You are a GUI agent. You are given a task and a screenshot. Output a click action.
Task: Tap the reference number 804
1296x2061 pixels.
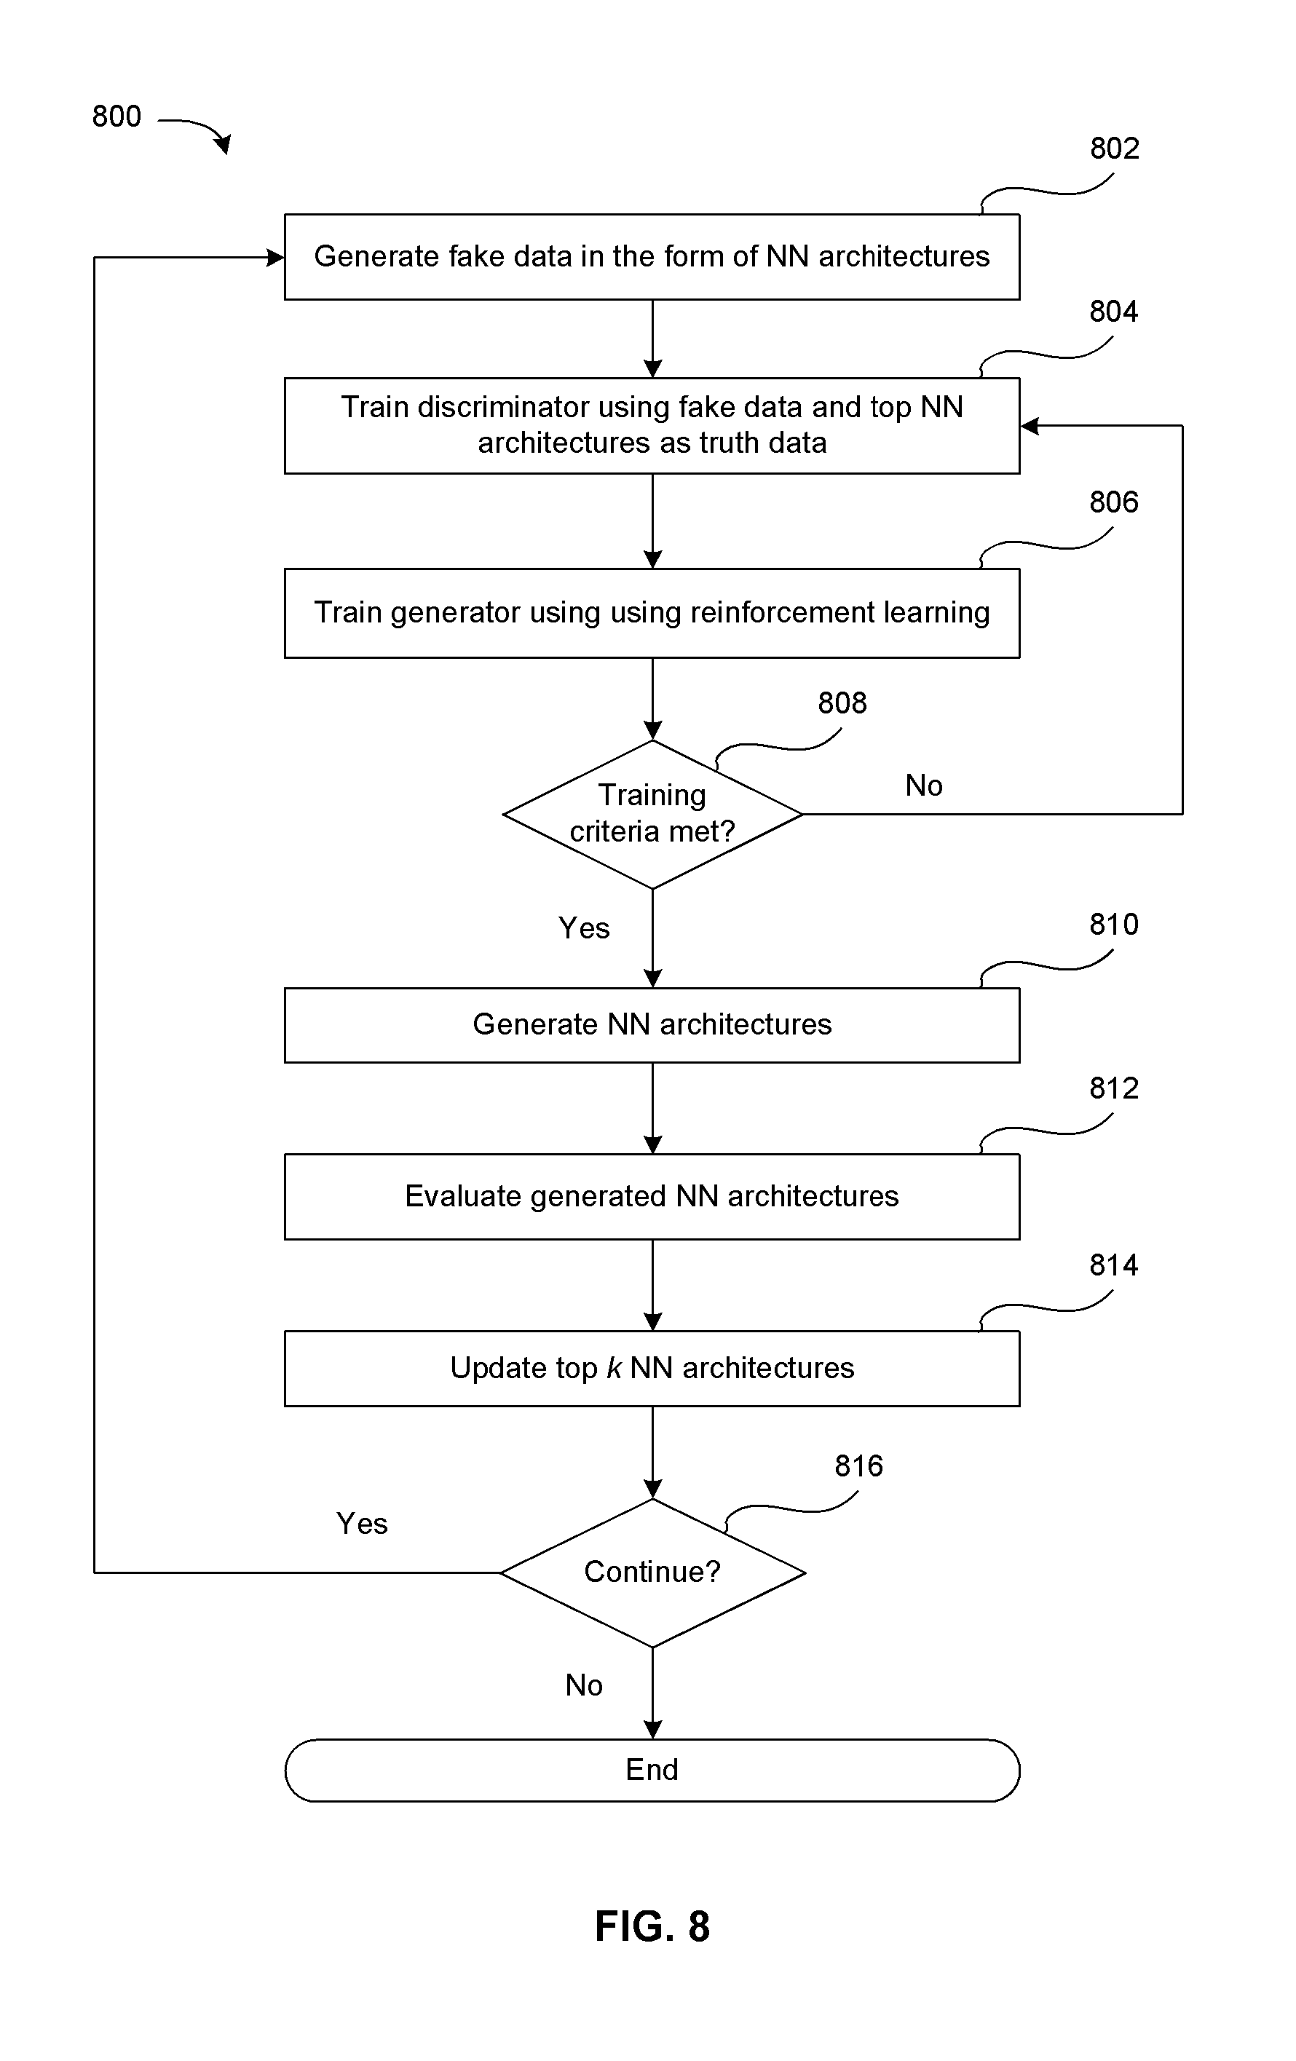1113,312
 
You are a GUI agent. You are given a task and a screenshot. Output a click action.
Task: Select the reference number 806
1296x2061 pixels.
1113,502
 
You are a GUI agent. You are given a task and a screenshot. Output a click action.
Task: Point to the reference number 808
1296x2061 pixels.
842,703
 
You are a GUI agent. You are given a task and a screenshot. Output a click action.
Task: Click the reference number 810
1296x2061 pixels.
1113,925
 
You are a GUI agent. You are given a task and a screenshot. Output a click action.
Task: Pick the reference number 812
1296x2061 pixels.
1113,1088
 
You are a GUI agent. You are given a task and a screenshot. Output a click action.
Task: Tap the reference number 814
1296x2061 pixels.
1113,1266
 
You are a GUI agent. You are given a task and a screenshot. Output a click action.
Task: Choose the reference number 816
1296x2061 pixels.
858,1467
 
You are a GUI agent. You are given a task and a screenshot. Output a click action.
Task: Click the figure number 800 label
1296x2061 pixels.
116,116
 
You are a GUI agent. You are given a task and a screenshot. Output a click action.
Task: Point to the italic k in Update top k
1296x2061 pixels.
614,1368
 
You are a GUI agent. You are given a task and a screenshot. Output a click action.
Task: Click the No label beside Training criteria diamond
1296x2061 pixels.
924,786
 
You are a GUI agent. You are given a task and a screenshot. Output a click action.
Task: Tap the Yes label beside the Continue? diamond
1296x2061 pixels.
362,1524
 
